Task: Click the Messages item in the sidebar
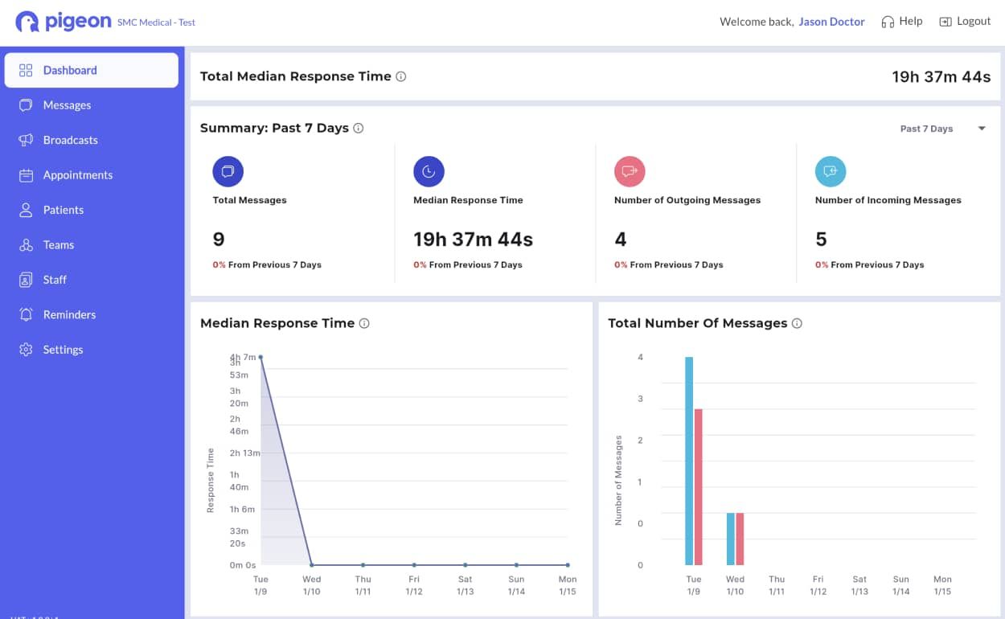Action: [67, 105]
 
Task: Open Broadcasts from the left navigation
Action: [70, 140]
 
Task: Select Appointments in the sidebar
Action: [77, 175]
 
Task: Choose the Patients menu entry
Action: [63, 210]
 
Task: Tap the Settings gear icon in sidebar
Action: [26, 350]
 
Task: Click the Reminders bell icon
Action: [26, 314]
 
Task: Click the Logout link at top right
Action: [965, 22]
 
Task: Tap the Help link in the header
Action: [902, 22]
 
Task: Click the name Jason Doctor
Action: [831, 22]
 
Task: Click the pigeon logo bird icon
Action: [27, 22]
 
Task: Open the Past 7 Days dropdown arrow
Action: [981, 129]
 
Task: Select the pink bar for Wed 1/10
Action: [740, 539]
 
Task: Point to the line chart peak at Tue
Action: [260, 357]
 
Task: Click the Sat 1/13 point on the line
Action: [466, 565]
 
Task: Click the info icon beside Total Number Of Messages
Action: [797, 323]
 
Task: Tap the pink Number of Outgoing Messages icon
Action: [630, 171]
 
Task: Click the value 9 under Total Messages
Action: [219, 240]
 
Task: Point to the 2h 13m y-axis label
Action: [244, 453]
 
